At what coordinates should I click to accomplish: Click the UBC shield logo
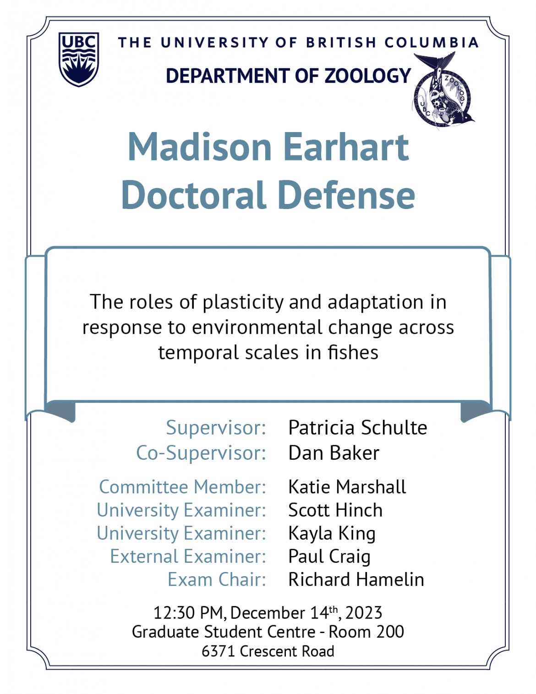79,59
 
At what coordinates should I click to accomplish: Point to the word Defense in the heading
346,195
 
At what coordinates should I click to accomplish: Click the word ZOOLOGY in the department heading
367,76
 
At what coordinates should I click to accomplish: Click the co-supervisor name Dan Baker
334,453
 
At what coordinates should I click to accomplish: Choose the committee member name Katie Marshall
347,487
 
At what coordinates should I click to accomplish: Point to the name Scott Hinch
335,510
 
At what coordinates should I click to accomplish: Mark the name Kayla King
332,534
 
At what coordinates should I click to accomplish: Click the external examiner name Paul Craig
329,556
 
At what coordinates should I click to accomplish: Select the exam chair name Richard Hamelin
356,580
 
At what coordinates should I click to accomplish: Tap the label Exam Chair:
217,580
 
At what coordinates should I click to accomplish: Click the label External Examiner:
188,556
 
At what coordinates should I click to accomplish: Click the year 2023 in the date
364,613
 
